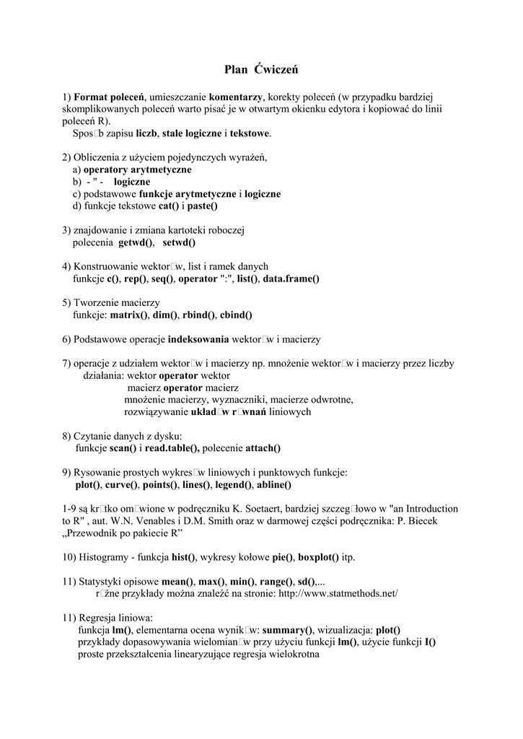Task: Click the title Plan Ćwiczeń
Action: (261, 69)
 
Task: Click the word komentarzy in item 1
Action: (235, 96)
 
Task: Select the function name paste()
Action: (203, 206)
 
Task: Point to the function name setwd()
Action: (179, 242)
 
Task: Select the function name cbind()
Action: (237, 315)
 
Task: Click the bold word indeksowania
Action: (198, 339)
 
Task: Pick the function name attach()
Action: (263, 448)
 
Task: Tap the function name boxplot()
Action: (317, 557)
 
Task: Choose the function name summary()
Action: (287, 630)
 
